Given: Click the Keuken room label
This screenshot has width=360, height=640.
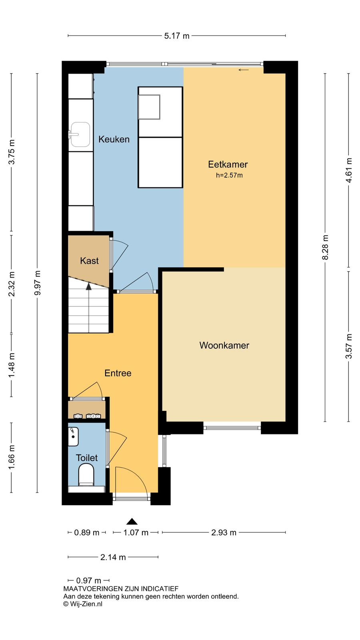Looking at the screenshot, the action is pos(114,139).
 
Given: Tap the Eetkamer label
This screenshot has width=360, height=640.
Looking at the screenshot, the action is pos(228,164).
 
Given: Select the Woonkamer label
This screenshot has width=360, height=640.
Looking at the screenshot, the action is pos(224,345).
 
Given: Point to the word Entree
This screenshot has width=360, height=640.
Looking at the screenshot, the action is pos(118,373).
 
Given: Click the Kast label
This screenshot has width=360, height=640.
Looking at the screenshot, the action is pos(90,260).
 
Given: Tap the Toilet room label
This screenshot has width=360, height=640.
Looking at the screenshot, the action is pos(87,458).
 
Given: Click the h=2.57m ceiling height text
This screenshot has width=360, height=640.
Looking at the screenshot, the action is pos(229,176).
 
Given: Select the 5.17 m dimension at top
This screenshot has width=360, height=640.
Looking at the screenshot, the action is pos(176,36).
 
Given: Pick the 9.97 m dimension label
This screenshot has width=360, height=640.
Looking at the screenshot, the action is pos(38,283).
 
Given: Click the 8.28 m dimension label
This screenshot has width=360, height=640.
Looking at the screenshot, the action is pos(325,247).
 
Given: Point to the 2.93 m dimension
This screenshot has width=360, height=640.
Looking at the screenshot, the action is pos(224,532).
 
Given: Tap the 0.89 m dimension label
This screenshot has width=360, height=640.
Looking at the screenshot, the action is pos(86,532).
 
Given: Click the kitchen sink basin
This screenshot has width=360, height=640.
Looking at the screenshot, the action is pos(80,134).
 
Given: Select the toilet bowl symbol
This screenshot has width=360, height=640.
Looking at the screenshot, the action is pos(86,474).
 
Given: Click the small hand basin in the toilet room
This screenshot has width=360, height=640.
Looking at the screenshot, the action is pos(73,436).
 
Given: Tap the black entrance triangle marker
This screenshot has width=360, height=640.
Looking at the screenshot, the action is pos(132,522).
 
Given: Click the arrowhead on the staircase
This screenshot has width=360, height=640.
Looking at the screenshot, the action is pos(89,286).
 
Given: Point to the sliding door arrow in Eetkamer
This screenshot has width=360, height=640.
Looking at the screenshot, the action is pos(244,70).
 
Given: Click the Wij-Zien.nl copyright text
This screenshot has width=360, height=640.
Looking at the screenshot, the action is pos(83,604).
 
